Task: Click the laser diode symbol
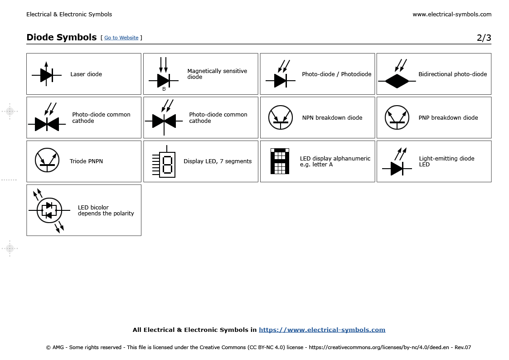pyautogui.click(x=46, y=74)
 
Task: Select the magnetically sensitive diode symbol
pyautogui.click(x=163, y=78)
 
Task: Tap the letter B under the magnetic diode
pyautogui.click(x=164, y=89)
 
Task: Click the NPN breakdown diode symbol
pyautogui.click(x=281, y=117)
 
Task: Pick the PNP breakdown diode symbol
pyautogui.click(x=397, y=117)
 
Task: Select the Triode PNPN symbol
pyautogui.click(x=47, y=160)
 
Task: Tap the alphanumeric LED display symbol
pyautogui.click(x=280, y=161)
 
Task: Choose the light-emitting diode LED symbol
pyautogui.click(x=397, y=164)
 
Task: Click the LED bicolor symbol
pyautogui.click(x=49, y=210)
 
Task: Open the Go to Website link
pyautogui.click(x=121, y=38)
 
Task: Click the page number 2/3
pyautogui.click(x=484, y=38)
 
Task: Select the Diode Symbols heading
pyautogui.click(x=61, y=37)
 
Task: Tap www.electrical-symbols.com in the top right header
pyautogui.click(x=451, y=15)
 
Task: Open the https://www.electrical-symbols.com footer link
pyautogui.click(x=322, y=330)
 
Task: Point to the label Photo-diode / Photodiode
pyautogui.click(x=336, y=74)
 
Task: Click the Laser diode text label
pyautogui.click(x=86, y=74)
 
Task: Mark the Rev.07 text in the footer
pyautogui.click(x=462, y=348)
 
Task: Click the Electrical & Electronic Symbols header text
pyautogui.click(x=69, y=15)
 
